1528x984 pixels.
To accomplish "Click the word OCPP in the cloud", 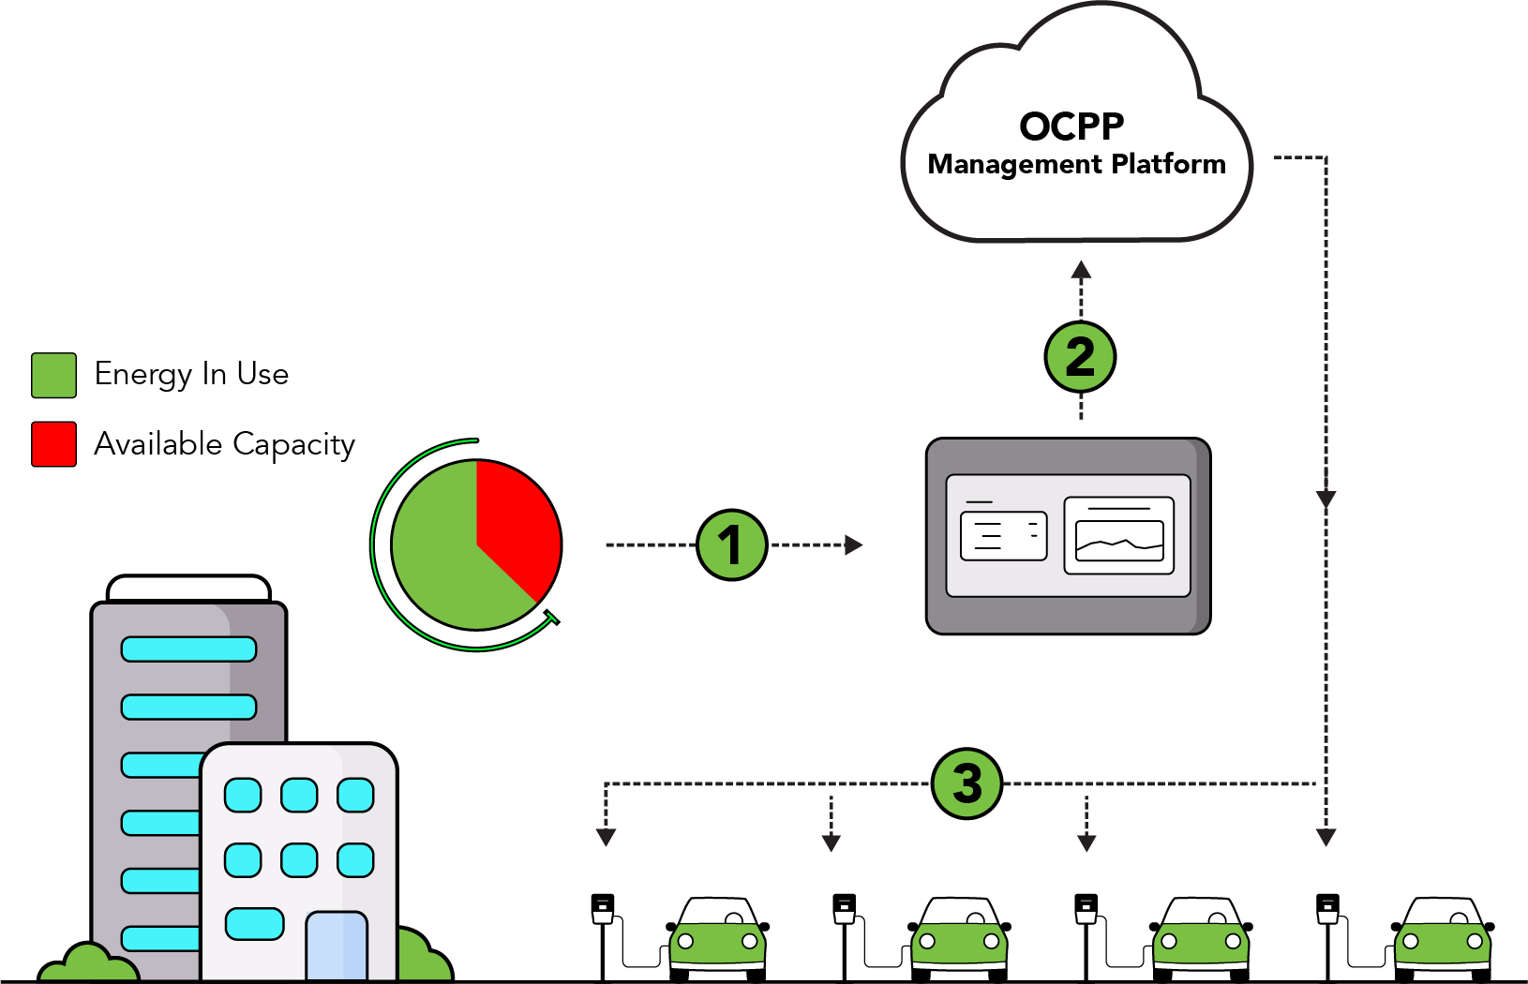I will point(1071,127).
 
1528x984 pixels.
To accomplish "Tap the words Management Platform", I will point(1076,165).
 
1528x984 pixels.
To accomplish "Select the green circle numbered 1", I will point(731,544).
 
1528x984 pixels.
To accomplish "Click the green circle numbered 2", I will point(1080,357).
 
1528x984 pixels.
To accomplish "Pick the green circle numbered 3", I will point(966,783).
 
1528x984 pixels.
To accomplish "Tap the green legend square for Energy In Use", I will point(53,375).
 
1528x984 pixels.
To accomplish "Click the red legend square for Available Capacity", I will point(53,444).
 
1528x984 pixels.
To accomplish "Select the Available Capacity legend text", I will point(224,444).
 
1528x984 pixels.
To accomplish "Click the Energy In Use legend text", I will point(191,374).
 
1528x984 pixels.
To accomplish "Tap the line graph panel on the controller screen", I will point(1119,535).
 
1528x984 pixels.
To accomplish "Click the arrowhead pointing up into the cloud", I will point(1081,271).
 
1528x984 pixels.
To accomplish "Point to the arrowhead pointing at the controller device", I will point(853,544).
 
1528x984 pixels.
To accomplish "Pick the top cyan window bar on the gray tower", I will point(188,649).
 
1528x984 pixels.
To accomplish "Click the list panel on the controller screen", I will point(1004,535).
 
